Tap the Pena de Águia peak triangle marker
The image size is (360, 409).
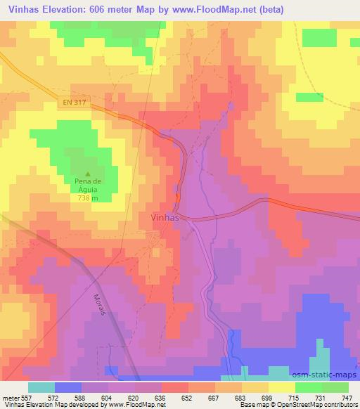pos(88,174)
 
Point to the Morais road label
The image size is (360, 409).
pos(98,307)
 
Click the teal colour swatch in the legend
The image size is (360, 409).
pos(41,387)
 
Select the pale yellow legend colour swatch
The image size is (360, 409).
pos(282,387)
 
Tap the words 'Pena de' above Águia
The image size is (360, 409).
pos(88,182)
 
